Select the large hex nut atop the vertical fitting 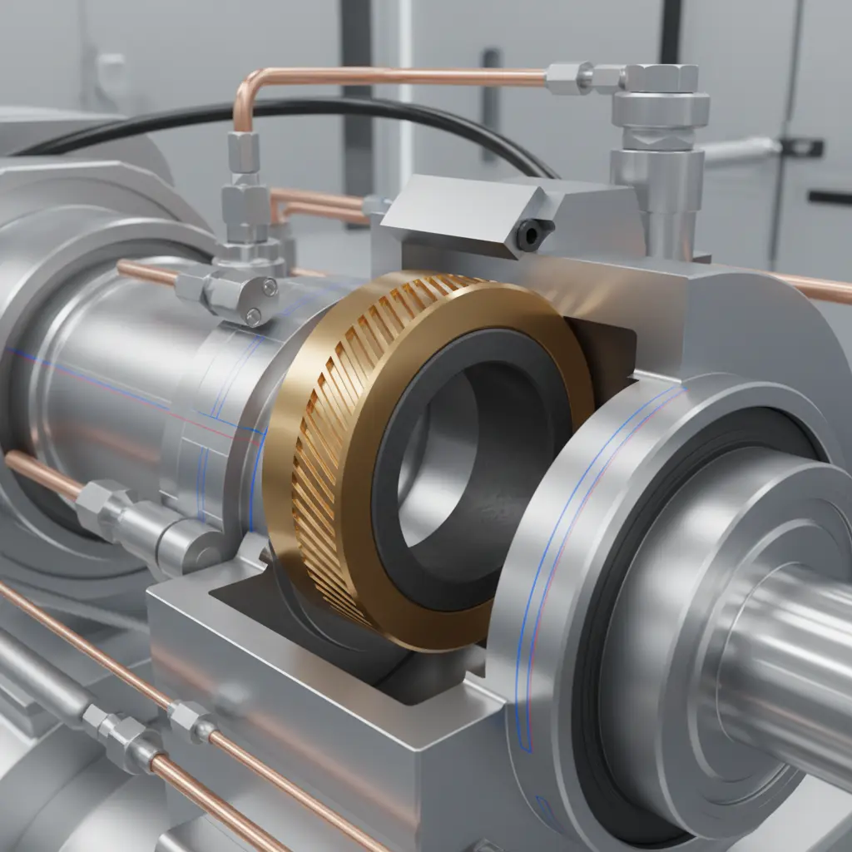click(661, 79)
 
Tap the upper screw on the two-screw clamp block click(269, 287)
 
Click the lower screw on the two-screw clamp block click(253, 315)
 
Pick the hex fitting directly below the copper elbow click(243, 152)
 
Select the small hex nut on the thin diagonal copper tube click(190, 721)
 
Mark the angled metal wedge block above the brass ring click(466, 208)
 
